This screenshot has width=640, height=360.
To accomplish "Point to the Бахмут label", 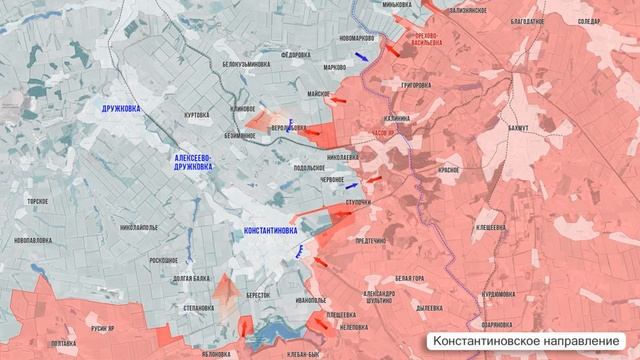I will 518,129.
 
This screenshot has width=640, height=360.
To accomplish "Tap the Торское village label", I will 38,200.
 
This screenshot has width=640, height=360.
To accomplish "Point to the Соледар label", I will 589,20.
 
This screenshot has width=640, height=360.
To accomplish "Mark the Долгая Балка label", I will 190,278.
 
